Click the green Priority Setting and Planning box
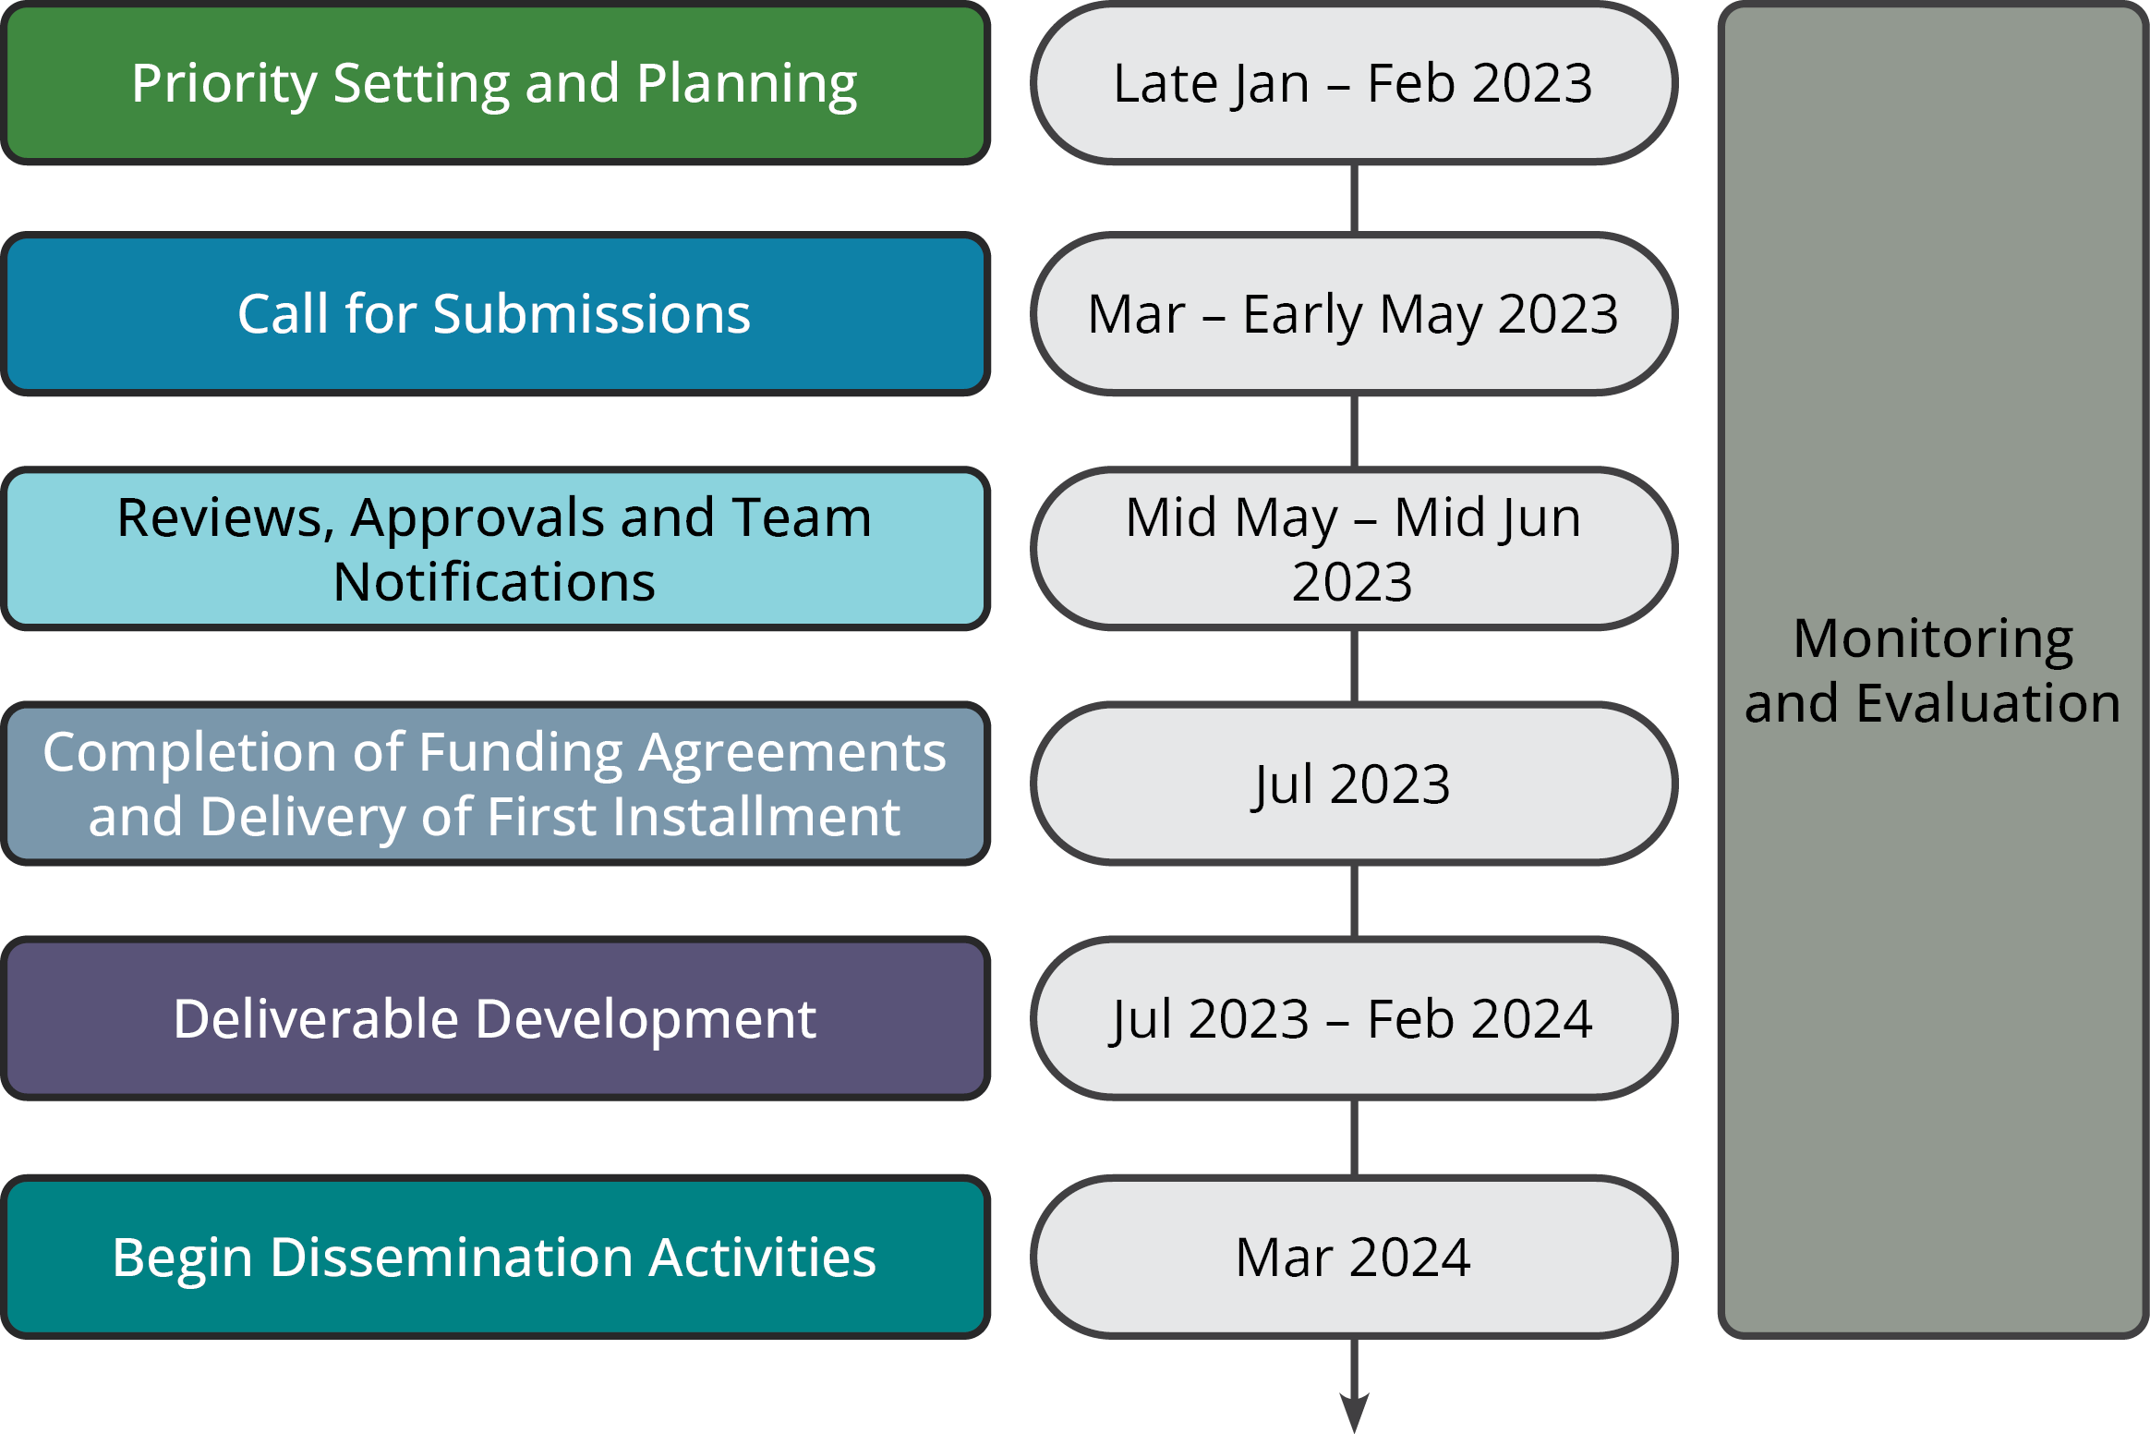coord(495,83)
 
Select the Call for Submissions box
coord(495,314)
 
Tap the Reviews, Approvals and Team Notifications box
coord(495,549)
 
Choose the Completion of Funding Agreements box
coord(495,784)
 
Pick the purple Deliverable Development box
coord(495,1018)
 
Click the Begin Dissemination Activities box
coord(495,1257)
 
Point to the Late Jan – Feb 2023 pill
coord(1354,83)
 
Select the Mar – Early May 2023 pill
coord(1354,314)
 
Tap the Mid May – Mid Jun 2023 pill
coord(1354,549)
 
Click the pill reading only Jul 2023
coord(1354,784)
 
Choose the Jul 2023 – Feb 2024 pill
coord(1354,1018)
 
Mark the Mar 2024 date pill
coord(1354,1257)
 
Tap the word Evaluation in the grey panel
coord(1987,703)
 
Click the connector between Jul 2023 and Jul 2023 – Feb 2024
coord(1354,901)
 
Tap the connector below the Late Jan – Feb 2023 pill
coord(1354,199)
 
